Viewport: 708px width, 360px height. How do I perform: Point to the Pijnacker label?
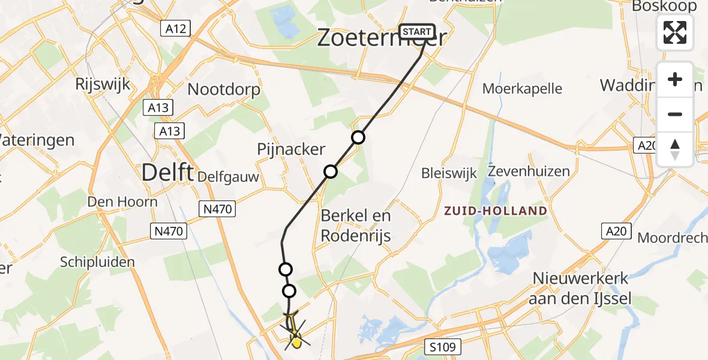click(291, 149)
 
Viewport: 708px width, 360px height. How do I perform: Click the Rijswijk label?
click(103, 84)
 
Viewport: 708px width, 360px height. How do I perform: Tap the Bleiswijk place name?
click(449, 173)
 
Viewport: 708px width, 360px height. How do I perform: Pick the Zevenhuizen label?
click(529, 172)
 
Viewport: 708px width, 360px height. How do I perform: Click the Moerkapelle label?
click(523, 89)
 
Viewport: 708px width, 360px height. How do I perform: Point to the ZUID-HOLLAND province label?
click(496, 211)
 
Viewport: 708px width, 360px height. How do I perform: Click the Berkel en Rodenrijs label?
click(356, 226)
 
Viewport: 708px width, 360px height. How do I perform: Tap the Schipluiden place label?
click(97, 262)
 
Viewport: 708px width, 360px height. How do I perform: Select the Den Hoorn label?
click(122, 201)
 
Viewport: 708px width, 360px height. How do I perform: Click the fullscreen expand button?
click(675, 32)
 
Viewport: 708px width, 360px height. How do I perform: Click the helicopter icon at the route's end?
click(294, 333)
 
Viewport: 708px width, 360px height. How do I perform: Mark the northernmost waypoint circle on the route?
click(358, 137)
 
